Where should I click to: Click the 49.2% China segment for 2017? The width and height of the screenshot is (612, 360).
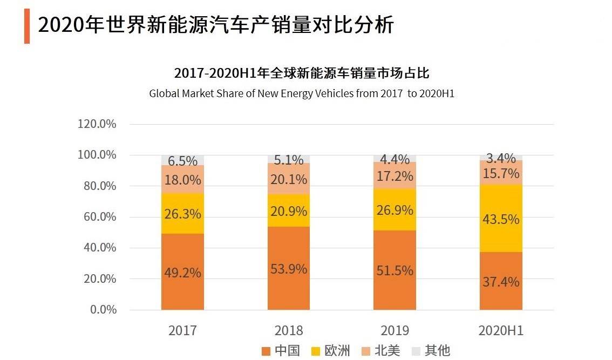coord(182,272)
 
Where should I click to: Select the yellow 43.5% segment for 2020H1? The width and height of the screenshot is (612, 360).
coord(501,219)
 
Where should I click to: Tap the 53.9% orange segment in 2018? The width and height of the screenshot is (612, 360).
coord(289,268)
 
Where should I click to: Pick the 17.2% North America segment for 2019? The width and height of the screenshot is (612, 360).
coord(395,176)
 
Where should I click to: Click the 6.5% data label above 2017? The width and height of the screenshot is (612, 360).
coord(182,160)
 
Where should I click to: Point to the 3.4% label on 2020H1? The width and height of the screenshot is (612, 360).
coord(501,158)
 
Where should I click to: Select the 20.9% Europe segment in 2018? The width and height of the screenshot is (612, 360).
coord(289,210)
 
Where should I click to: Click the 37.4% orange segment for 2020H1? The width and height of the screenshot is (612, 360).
coord(501,281)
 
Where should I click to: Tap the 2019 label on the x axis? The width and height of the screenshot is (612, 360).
coord(395,330)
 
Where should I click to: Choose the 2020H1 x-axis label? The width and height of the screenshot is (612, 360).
coord(501,330)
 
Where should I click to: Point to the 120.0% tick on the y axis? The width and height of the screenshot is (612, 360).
coord(97,124)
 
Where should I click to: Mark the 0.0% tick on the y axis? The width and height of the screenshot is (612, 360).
coord(103,310)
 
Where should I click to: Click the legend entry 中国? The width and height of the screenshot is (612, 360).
coord(280,351)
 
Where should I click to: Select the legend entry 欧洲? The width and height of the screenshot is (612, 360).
coord(331,351)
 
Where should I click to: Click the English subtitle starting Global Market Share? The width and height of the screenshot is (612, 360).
coord(302,93)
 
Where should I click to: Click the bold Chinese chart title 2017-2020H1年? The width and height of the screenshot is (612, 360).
coord(302,73)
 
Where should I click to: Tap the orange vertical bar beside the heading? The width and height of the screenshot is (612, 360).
coord(27,26)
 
